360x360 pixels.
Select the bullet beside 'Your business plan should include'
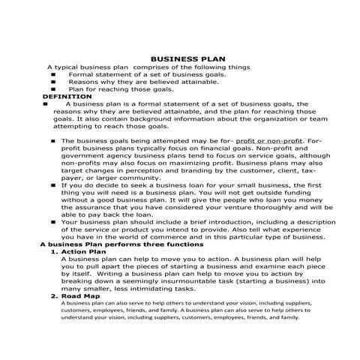[x=54, y=222]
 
